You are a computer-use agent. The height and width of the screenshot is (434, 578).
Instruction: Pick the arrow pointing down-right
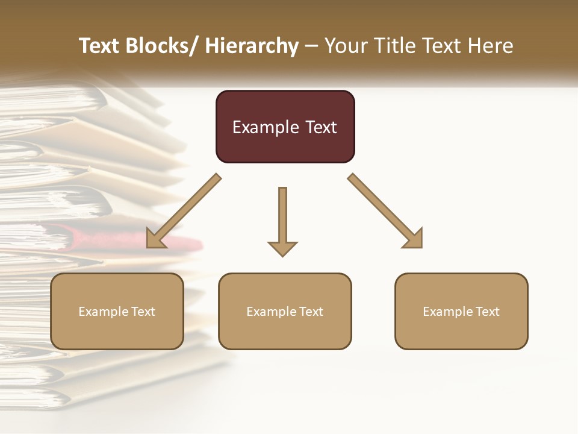(386, 212)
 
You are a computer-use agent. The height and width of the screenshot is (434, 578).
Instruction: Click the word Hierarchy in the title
(252, 46)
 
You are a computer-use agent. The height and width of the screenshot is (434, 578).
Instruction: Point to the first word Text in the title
(99, 46)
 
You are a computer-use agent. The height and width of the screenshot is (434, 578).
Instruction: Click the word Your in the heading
(346, 46)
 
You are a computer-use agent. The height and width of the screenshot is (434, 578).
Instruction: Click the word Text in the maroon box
(320, 127)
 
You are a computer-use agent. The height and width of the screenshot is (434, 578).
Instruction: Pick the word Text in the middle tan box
(311, 312)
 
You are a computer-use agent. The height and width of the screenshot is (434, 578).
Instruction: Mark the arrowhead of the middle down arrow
(282, 248)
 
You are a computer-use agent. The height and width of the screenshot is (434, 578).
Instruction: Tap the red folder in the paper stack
(181, 243)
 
